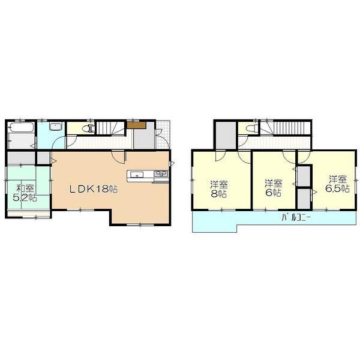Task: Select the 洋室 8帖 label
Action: tap(218, 188)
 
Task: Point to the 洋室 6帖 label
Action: tap(272, 188)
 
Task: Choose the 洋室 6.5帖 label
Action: tap(337, 184)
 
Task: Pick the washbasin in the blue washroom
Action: tap(55, 127)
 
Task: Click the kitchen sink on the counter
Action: tap(136, 175)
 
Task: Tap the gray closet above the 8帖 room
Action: tap(225, 136)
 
